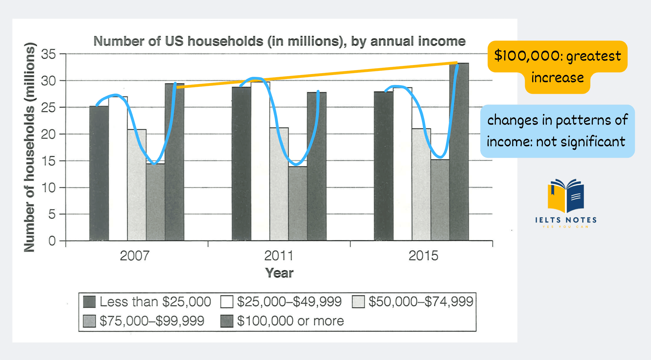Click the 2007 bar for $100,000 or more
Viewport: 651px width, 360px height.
(x=174, y=162)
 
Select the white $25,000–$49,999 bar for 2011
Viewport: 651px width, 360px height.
(x=260, y=162)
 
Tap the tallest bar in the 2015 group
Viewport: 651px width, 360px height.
(x=459, y=153)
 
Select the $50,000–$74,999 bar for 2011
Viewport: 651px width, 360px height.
(x=279, y=184)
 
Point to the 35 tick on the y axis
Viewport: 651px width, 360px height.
(x=48, y=54)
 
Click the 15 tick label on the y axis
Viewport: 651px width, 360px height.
(x=48, y=161)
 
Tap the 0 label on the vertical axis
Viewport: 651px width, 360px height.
(x=52, y=241)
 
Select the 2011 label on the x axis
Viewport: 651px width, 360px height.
(x=279, y=256)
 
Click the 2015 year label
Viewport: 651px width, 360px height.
(x=423, y=256)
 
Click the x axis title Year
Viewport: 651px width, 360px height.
(x=279, y=273)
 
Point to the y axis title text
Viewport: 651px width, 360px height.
(x=30, y=147)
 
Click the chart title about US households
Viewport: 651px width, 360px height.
(x=279, y=41)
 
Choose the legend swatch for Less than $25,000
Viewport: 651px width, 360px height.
(x=89, y=302)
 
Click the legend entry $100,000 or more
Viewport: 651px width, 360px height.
(x=290, y=321)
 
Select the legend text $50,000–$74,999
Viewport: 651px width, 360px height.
(x=421, y=302)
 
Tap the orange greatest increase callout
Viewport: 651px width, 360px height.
(x=558, y=66)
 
